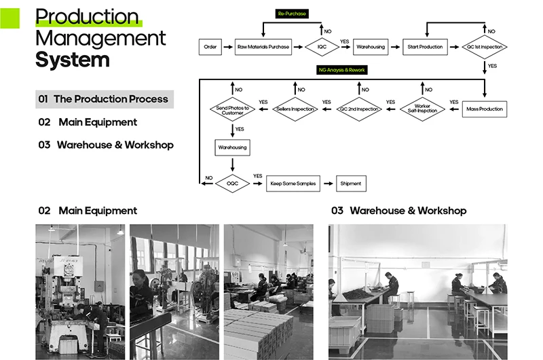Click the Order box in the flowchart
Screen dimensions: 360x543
210,47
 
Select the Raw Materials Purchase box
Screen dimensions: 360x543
263,47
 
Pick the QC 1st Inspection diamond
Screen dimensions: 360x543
485,47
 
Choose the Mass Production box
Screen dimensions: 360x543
485,109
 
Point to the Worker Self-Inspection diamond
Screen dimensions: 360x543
422,109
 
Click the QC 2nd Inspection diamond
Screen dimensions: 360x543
359,109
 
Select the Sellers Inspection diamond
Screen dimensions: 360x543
295,109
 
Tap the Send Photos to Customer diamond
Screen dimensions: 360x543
232,109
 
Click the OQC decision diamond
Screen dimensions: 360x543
232,183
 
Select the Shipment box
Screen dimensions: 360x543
351,183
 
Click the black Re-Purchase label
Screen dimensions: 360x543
292,13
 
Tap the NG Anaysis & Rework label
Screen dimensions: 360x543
342,70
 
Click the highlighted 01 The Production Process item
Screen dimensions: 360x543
105,99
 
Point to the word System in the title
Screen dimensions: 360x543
73,60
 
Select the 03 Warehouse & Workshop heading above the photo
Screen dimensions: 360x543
398,211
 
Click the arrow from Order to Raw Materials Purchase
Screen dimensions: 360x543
227,47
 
